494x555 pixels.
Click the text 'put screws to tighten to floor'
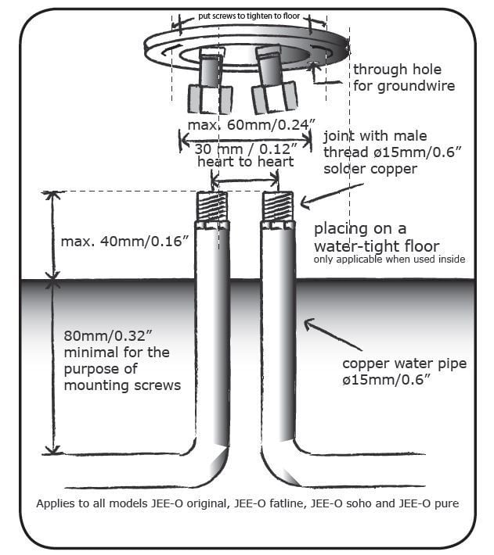pyautogui.click(x=249, y=16)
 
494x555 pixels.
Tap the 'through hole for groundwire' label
pyautogui.click(x=404, y=77)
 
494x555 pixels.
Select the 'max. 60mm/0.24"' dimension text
pyautogui.click(x=251, y=125)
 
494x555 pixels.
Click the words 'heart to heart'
pyautogui.click(x=246, y=162)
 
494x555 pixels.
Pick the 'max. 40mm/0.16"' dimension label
pyautogui.click(x=124, y=242)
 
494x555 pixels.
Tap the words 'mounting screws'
pyautogui.click(x=122, y=385)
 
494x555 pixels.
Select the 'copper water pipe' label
pyautogui.click(x=404, y=363)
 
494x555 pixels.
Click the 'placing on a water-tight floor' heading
pyautogui.click(x=377, y=237)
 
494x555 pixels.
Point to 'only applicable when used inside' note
pyautogui.click(x=389, y=259)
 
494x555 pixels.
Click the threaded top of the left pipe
pyautogui.click(x=212, y=206)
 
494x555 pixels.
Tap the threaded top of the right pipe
pyautogui.click(x=278, y=206)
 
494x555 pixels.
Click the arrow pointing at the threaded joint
pyautogui.click(x=332, y=195)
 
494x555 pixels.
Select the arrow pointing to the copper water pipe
pyautogui.click(x=333, y=334)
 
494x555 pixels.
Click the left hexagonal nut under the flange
pyautogui.click(x=210, y=98)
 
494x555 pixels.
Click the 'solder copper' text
pyautogui.click(x=370, y=169)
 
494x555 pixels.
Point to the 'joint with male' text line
pyautogui.click(x=375, y=136)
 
